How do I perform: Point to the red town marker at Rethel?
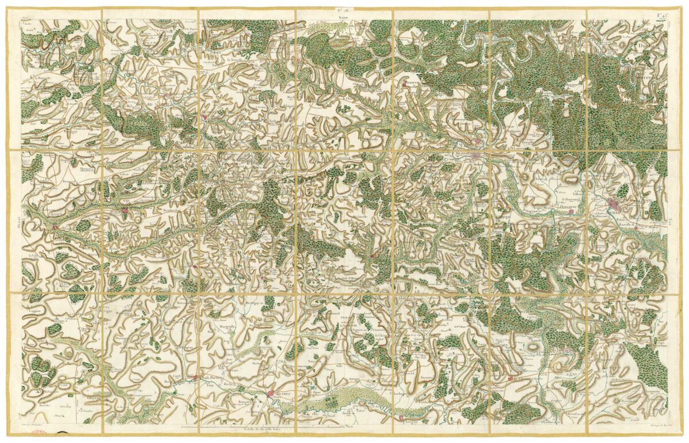[x=272, y=394]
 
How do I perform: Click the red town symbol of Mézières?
[x=476, y=155]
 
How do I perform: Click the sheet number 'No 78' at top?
[x=343, y=10]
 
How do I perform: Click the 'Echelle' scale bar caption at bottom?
[x=244, y=429]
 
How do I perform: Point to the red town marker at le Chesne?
[x=510, y=379]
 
